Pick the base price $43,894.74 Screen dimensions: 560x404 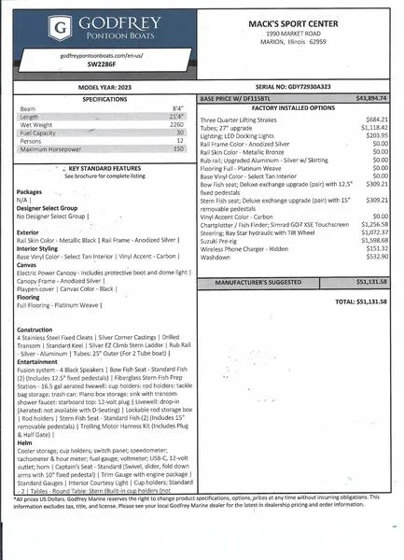pos(371,97)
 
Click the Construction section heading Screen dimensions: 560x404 pos(35,329)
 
